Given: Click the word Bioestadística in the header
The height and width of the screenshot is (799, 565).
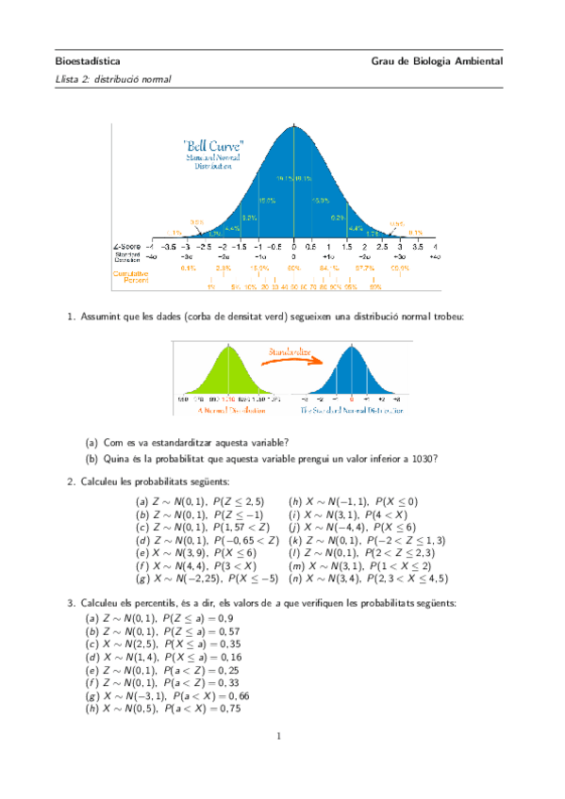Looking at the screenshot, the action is tap(88, 61).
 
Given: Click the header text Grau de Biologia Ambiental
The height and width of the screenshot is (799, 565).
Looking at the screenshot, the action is tap(438, 61).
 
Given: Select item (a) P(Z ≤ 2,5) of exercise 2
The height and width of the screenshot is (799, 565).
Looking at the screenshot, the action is tap(199, 502).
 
